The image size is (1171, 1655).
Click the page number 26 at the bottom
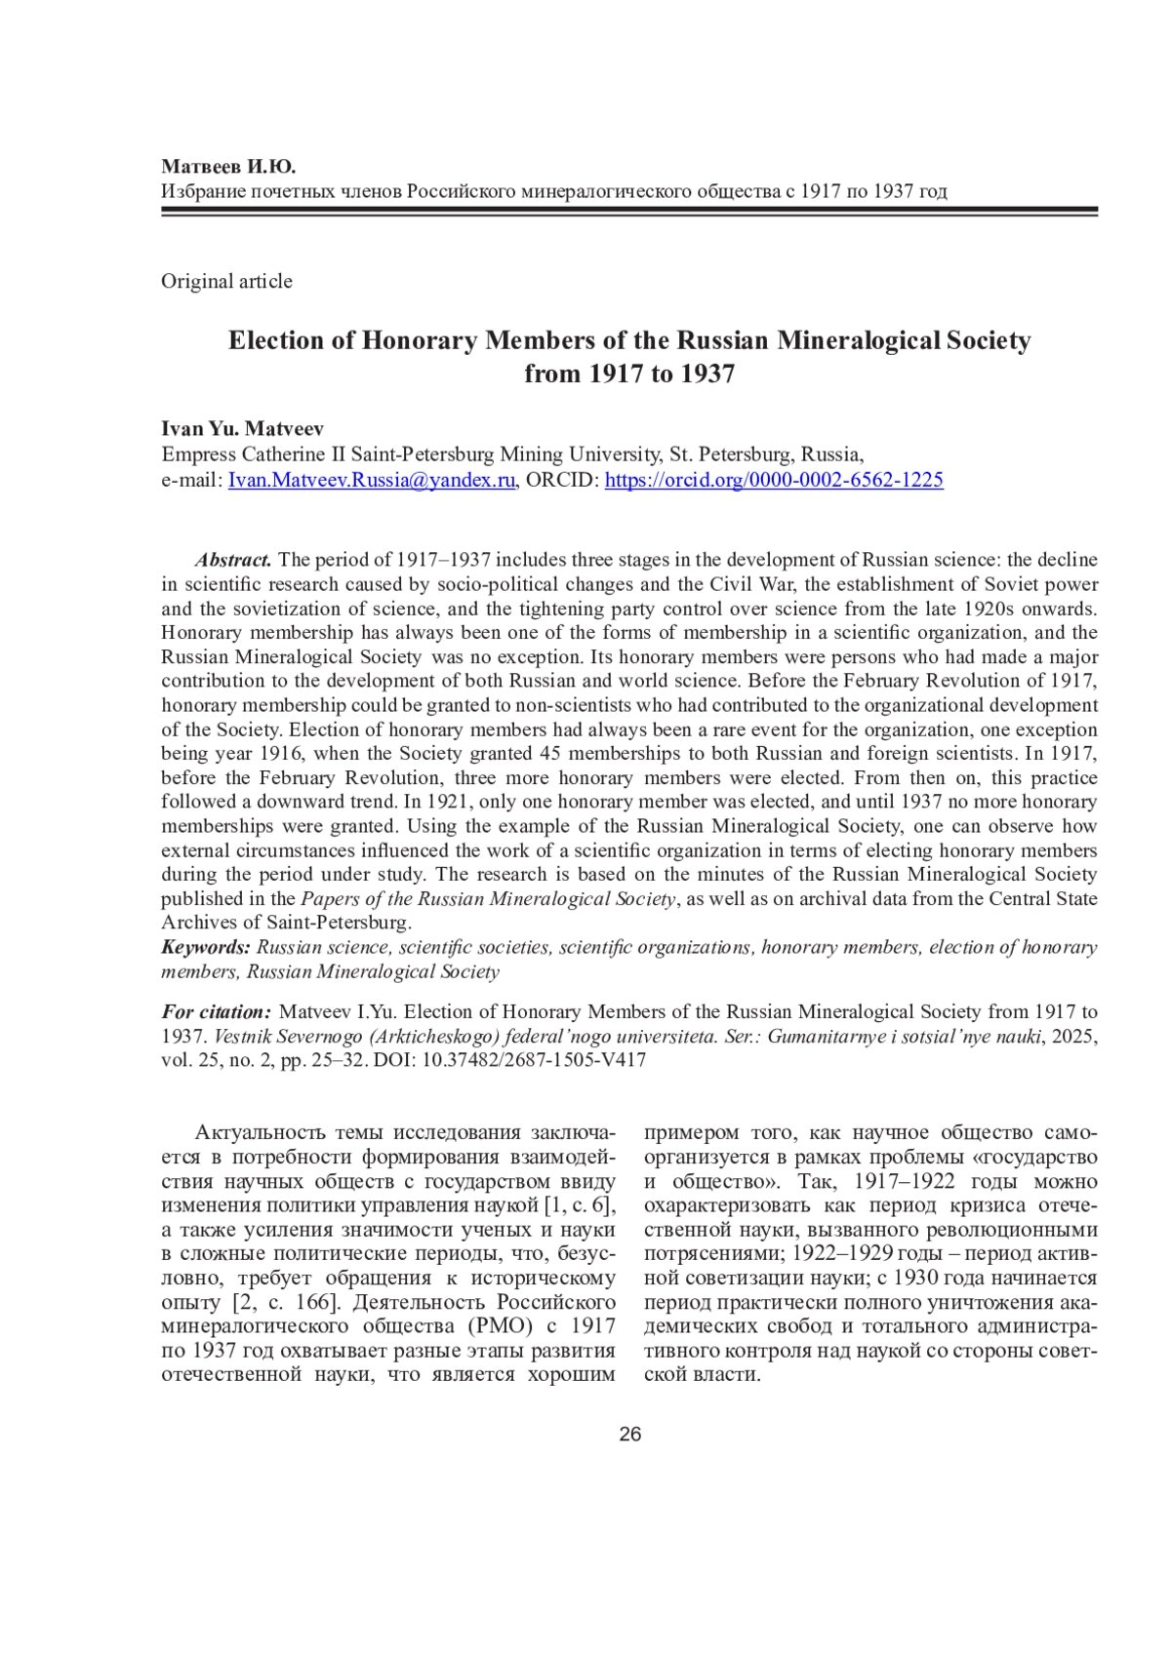629,1434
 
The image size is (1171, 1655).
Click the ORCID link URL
774,480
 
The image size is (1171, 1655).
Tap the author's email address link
371,480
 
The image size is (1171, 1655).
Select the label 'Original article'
226,281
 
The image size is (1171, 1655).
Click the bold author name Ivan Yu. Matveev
242,428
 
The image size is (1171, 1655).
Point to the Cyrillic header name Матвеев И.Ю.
227,166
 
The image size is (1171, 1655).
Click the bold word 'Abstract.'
233,560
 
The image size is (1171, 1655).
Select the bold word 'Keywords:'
206,947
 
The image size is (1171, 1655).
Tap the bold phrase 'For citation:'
216,1011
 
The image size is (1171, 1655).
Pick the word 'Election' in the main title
275,340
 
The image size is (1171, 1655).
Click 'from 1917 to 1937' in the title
629,374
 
